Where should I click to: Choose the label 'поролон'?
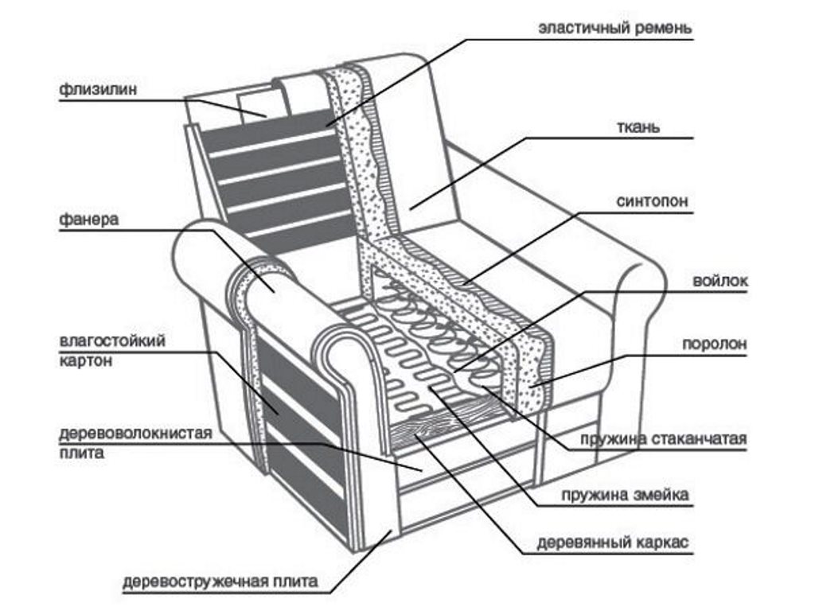pyautogui.click(x=715, y=345)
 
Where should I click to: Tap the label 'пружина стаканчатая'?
pyautogui.click(x=664, y=439)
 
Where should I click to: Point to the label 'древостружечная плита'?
pyautogui.click(x=220, y=581)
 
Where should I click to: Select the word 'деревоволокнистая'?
pyautogui.click(x=135, y=434)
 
